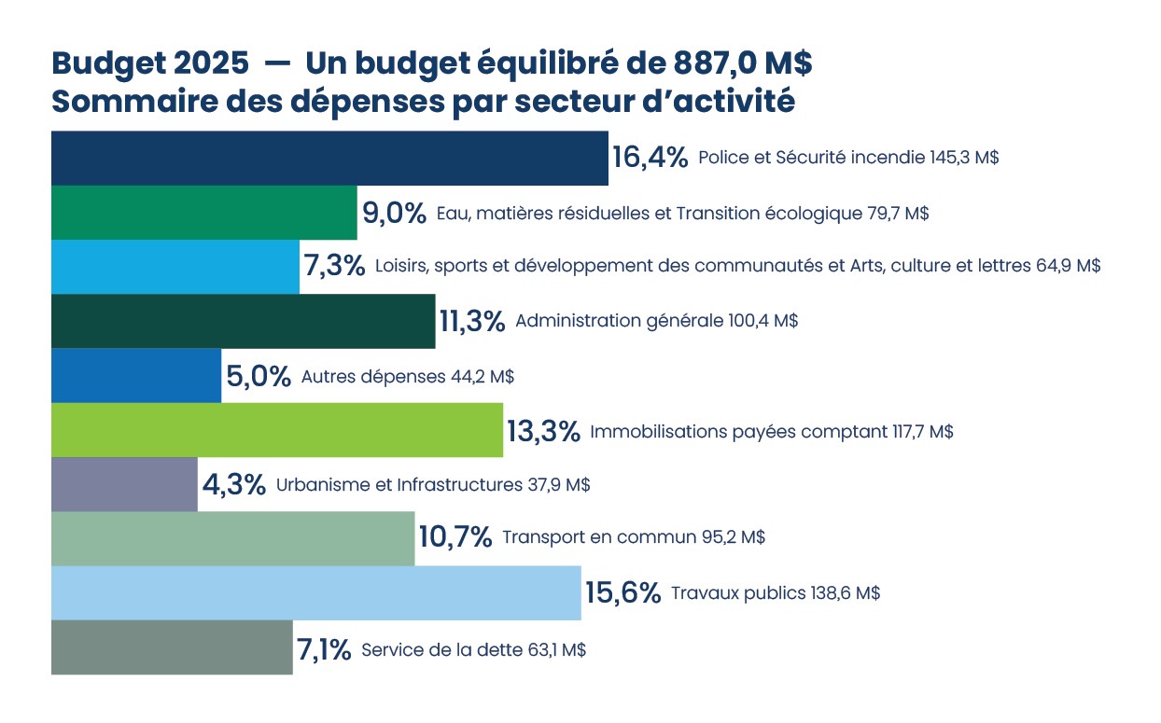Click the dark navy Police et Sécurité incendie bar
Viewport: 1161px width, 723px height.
point(329,159)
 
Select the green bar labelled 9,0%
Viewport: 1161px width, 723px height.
point(203,213)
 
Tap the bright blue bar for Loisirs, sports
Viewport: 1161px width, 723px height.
point(175,267)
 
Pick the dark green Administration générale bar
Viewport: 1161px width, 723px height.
point(243,322)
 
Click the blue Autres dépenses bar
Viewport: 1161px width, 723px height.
point(135,376)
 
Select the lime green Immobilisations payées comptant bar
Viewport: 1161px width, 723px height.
point(276,430)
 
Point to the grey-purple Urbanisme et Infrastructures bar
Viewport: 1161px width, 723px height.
point(124,484)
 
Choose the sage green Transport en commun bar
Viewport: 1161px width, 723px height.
point(232,538)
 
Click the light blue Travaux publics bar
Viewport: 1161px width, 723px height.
point(315,592)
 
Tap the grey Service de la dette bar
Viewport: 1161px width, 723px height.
point(172,647)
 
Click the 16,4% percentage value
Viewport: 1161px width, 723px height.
point(650,157)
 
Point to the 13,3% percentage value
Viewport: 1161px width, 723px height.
point(545,431)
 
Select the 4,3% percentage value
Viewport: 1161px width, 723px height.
point(233,485)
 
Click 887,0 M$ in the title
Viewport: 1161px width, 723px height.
point(742,63)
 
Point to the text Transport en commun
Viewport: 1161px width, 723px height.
point(598,538)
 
